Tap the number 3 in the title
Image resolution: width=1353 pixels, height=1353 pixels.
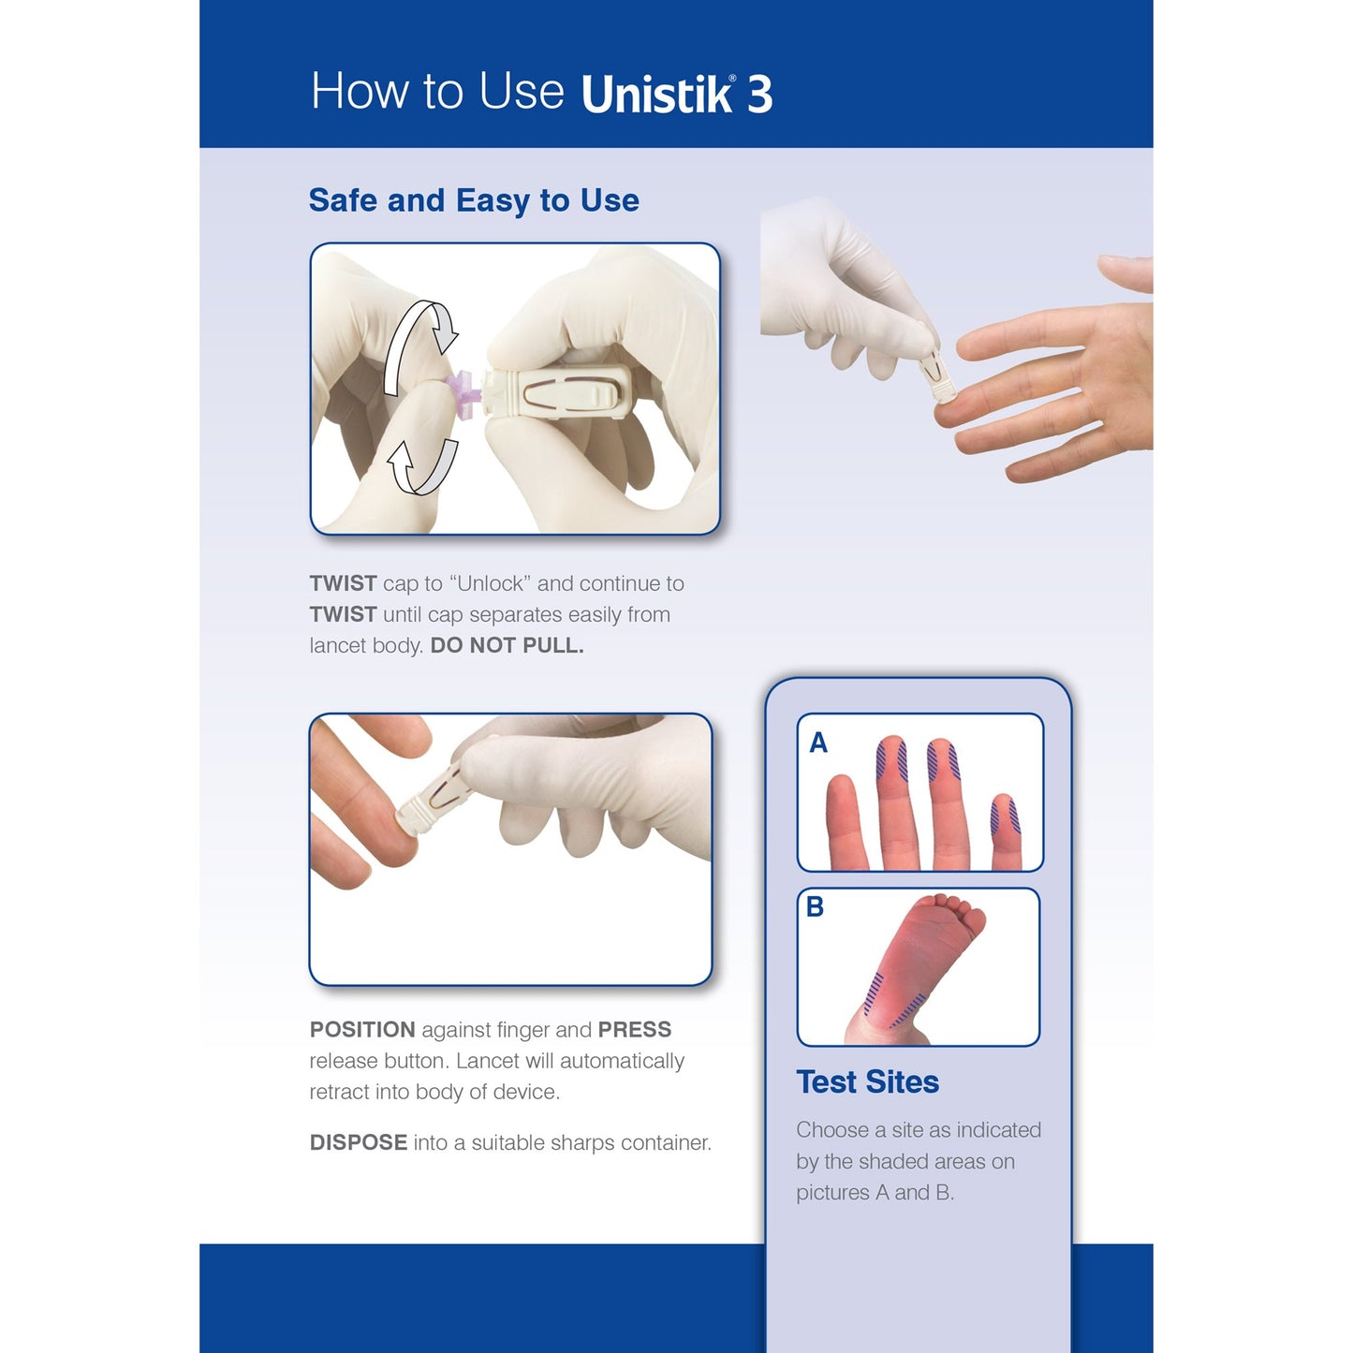[x=759, y=95]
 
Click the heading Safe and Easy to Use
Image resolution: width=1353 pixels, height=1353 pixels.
[x=474, y=200]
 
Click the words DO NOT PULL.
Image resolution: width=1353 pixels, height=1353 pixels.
[x=507, y=646]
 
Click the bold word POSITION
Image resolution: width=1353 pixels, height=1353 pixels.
[x=362, y=1030]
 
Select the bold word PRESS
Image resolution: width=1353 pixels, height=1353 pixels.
[x=634, y=1030]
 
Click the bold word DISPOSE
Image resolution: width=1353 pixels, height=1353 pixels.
[x=358, y=1143]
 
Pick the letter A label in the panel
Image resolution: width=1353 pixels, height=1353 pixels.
[x=818, y=743]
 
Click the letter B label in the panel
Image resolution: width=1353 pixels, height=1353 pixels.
[x=815, y=906]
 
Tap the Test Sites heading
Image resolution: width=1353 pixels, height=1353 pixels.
[x=867, y=1082]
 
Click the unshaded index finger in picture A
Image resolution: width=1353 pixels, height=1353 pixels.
[x=843, y=815]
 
